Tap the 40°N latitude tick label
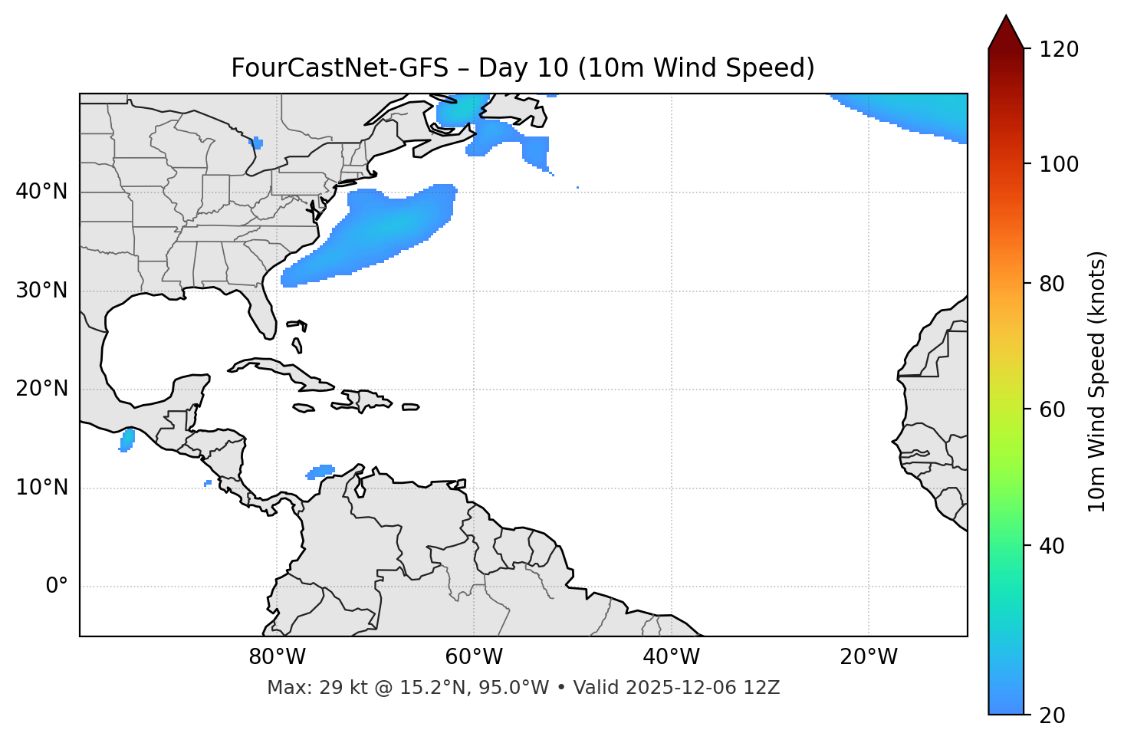pos(41,192)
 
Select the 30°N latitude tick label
pos(41,291)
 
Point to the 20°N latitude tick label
pos(41,389)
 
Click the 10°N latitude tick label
pos(41,488)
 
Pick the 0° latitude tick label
pos(57,587)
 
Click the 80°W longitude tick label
pos(277,657)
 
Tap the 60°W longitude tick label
pos(474,657)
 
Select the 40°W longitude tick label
pos(671,657)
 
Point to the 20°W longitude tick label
pos(868,657)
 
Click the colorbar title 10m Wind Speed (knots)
pos(1097,381)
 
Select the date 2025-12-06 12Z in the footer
pos(702,688)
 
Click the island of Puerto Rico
pos(411,407)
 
